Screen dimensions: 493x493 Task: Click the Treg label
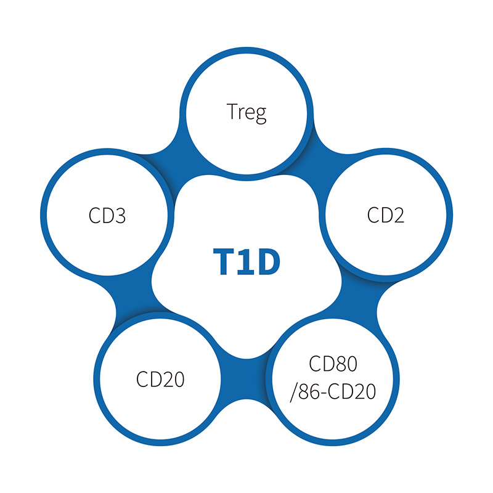[x=246, y=113]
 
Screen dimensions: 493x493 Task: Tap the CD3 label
[x=107, y=216]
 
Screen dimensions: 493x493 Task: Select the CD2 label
[x=386, y=216]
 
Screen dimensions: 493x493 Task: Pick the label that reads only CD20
[x=160, y=378]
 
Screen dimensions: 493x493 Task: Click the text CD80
[x=333, y=364]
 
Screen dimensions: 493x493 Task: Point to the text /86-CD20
[x=333, y=392]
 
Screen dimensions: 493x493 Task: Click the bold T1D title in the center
[x=246, y=262]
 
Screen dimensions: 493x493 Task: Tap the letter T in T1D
[x=224, y=262]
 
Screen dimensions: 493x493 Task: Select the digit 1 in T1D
[x=245, y=262]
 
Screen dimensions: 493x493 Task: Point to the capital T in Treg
[x=231, y=113]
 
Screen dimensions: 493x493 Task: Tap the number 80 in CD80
[x=344, y=364]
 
